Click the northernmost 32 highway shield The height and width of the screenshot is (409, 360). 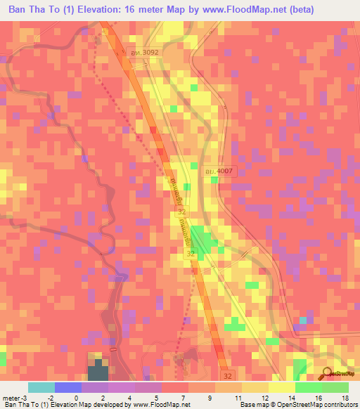(182, 211)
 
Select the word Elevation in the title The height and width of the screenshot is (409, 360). (115, 10)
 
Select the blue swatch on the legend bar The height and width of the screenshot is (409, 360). (67, 387)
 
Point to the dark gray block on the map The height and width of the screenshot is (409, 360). (96, 372)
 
